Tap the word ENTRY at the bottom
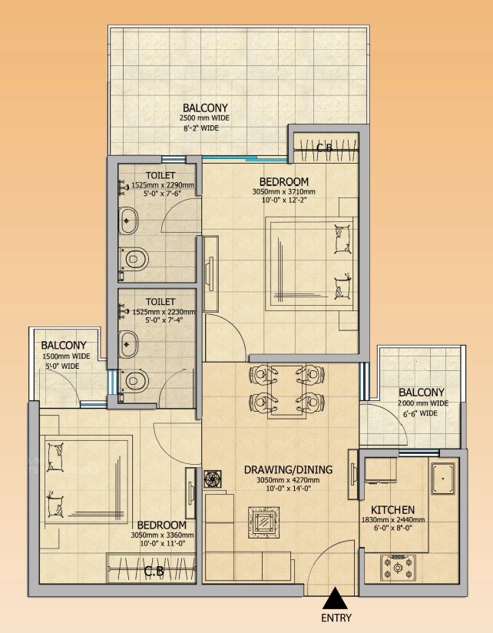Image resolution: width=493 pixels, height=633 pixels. (336, 617)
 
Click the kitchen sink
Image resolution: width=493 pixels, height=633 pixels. (443, 479)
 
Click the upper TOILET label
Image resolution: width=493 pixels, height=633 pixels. (160, 175)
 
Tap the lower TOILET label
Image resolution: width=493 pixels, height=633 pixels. (160, 302)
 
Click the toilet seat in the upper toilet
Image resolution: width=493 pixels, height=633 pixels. (134, 257)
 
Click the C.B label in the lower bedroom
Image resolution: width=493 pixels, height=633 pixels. (154, 571)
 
